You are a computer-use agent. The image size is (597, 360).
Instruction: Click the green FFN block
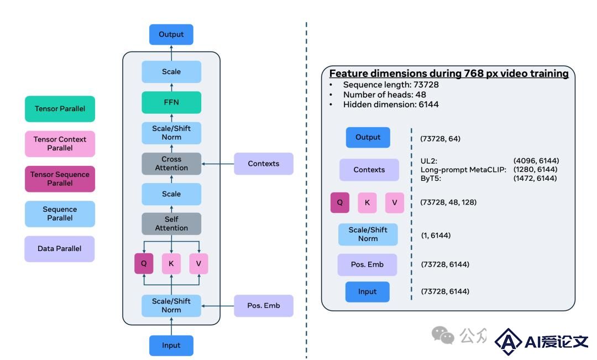[x=171, y=102]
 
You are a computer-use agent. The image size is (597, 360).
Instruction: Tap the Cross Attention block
[x=171, y=164]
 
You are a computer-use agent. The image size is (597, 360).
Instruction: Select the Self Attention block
[x=171, y=223]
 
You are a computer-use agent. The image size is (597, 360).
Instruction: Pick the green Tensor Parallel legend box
[x=60, y=109]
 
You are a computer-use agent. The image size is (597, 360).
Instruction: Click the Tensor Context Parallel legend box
[x=60, y=144]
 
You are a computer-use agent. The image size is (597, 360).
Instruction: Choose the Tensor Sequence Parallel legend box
[x=60, y=179]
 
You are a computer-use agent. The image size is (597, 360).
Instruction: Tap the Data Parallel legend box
[x=59, y=249]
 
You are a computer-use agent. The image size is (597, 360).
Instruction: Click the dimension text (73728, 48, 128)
[x=448, y=202]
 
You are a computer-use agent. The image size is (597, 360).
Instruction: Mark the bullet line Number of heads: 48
[x=385, y=95]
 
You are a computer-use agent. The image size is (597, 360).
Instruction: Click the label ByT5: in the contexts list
[x=431, y=178]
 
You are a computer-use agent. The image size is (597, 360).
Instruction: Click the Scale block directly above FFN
[x=171, y=72]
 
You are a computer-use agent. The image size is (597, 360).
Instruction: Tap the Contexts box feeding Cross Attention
[x=264, y=164]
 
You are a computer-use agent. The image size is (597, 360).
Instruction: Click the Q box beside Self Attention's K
[x=144, y=263]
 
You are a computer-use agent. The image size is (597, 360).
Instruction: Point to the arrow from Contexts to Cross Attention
[x=217, y=164]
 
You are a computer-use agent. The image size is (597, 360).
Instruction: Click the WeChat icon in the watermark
[x=443, y=335]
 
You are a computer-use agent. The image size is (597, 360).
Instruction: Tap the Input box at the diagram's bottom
[x=171, y=346]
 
